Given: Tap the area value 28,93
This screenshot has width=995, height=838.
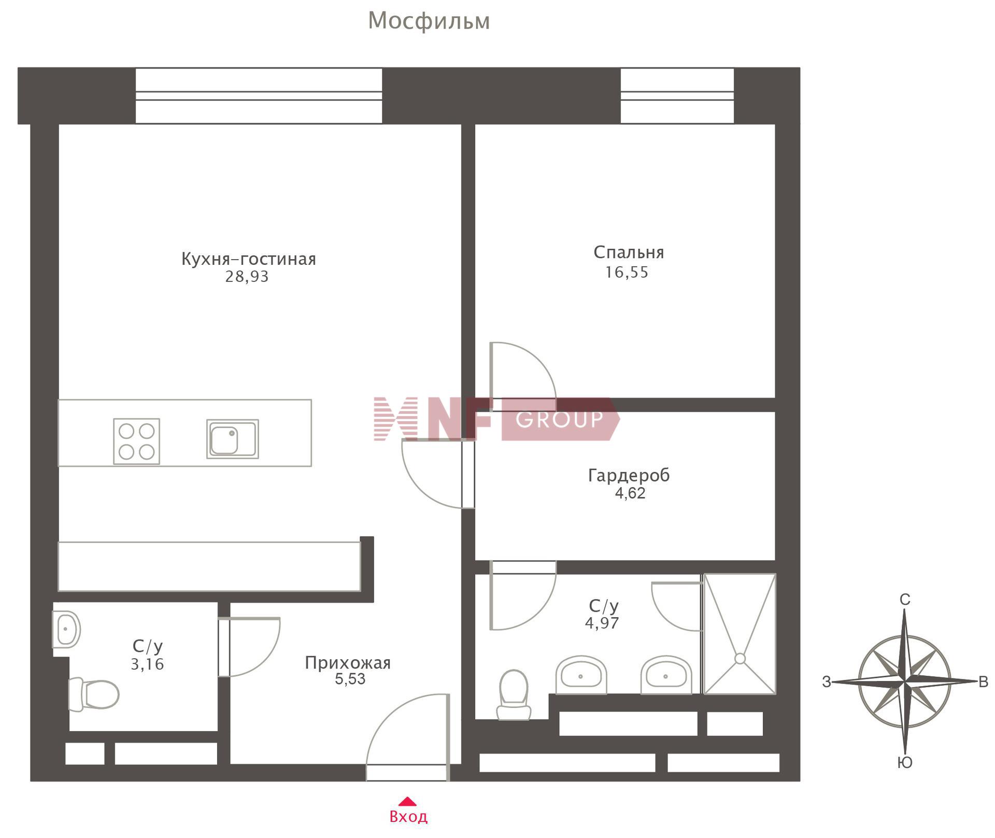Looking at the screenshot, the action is [x=247, y=277].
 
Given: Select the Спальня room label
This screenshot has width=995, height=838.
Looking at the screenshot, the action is [x=629, y=252].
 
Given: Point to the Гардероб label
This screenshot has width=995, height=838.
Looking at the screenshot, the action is [x=629, y=475].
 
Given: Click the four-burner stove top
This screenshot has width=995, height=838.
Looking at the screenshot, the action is [x=137, y=441].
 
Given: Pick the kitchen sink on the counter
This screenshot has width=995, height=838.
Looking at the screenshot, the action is [x=233, y=439].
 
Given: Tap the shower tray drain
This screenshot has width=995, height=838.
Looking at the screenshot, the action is [x=740, y=659].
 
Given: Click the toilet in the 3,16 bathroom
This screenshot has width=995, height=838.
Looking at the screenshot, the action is [x=94, y=694].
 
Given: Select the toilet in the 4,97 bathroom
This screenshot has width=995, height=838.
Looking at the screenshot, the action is [x=514, y=695].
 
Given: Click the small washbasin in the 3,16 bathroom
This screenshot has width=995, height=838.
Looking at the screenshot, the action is [x=66, y=629].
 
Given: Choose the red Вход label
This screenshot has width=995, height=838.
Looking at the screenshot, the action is [x=408, y=817].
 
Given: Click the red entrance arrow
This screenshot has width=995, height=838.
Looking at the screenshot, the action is [x=408, y=801].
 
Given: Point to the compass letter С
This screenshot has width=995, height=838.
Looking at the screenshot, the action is [x=905, y=600].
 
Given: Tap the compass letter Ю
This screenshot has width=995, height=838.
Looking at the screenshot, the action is [x=905, y=762].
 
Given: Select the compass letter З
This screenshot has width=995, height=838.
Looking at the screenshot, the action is [x=827, y=682].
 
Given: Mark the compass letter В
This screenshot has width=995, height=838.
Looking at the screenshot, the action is [x=983, y=682].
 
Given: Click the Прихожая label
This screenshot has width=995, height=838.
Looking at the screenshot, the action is [x=348, y=663].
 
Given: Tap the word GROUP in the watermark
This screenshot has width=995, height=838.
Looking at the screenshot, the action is [x=560, y=419].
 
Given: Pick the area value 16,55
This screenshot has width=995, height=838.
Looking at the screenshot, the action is [x=627, y=273].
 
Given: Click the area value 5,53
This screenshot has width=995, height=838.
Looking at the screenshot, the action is [x=350, y=679].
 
